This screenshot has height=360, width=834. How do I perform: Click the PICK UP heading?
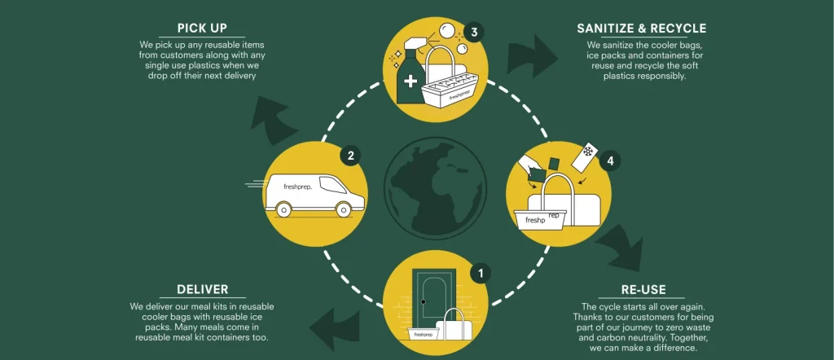(204, 29)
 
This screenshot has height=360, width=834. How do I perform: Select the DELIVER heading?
(202, 289)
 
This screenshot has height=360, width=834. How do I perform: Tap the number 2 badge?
(350, 156)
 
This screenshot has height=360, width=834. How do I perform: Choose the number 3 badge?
(474, 33)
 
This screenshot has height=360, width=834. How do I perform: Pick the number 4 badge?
(608, 161)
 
